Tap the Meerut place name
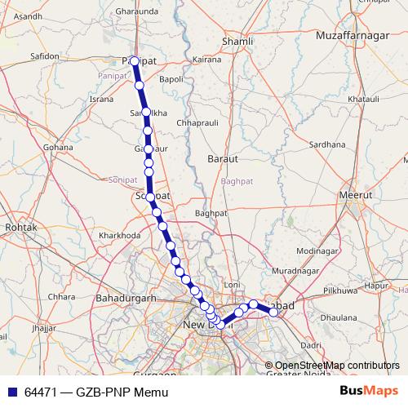355,197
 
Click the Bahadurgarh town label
126,298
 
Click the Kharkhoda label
120,235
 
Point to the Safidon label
45,56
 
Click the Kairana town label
207,60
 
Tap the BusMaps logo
370,392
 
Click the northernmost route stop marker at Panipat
135,61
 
